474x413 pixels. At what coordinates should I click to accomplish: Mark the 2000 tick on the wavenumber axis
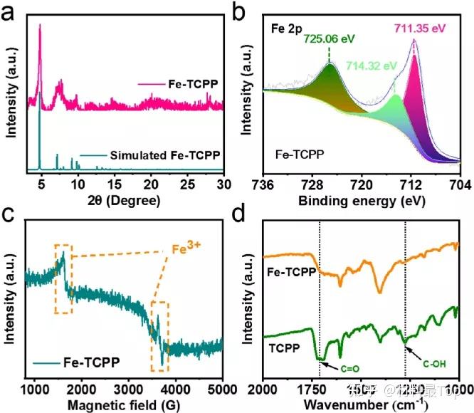click(x=264, y=388)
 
